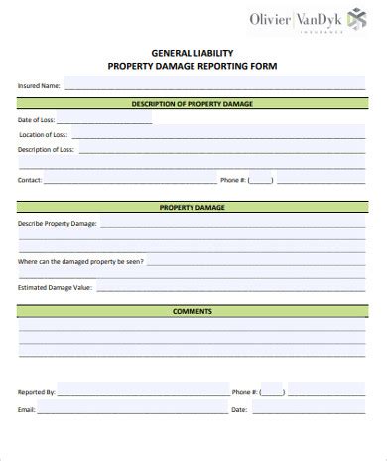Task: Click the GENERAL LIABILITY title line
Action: coord(193,53)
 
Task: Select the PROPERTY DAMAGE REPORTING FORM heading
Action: coord(193,66)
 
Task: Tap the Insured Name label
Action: coord(39,86)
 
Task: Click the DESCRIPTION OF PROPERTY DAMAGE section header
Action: coord(193,103)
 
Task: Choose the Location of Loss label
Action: coord(43,134)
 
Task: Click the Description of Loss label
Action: coord(46,149)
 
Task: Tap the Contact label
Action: coord(30,181)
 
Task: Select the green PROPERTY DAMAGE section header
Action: coord(193,208)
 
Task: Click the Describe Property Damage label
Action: coord(58,224)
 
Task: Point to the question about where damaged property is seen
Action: coord(80,261)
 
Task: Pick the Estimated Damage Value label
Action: coord(55,287)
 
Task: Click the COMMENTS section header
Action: coord(193,312)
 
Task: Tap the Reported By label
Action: coord(37,393)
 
